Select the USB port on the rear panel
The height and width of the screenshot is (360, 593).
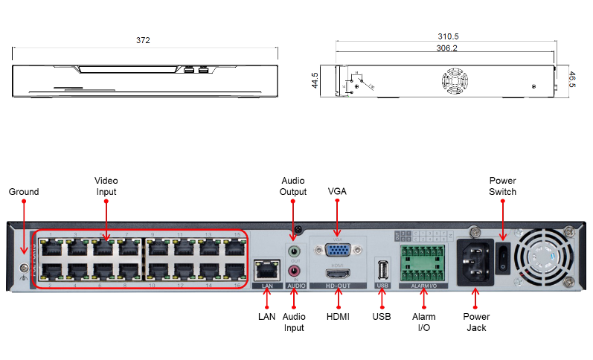tap(383, 269)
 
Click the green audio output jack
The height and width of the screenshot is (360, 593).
tap(295, 251)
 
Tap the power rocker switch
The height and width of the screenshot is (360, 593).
tap(504, 257)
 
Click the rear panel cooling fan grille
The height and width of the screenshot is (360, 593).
tap(549, 257)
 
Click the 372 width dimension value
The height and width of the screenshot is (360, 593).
tap(143, 39)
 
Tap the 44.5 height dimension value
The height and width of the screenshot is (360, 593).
tap(315, 80)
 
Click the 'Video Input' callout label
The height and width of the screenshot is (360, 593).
tap(106, 186)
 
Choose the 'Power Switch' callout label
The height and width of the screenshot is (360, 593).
tap(502, 186)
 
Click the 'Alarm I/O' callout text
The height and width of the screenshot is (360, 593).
tap(424, 321)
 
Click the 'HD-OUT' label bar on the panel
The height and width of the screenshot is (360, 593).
tap(339, 285)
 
